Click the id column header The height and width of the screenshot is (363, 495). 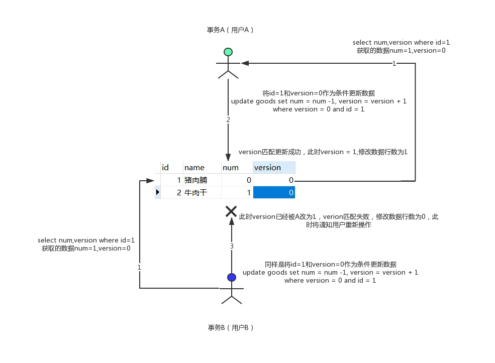pos(171,167)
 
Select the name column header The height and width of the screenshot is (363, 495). pos(202,167)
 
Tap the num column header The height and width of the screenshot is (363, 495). pos(237,167)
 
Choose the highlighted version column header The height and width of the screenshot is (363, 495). pos(274,167)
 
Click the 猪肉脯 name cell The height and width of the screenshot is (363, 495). pos(202,180)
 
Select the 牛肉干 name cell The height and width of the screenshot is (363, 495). pos(202,193)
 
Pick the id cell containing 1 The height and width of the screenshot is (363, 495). pos(171,180)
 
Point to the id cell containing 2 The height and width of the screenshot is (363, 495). pos(171,193)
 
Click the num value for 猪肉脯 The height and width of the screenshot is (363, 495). pos(237,180)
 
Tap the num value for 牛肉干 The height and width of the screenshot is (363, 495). pos(237,193)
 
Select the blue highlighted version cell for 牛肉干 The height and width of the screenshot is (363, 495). pos(274,193)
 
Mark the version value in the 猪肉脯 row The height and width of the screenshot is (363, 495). pos(274,180)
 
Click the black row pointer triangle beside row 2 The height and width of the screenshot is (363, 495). pos(157,192)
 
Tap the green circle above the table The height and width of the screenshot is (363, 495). pos(228,52)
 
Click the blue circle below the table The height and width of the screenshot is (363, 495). pos(231,277)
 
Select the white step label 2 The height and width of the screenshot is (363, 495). pos(228,120)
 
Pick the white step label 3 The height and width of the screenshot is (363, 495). pos(232,247)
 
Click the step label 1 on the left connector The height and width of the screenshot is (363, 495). pos(140,268)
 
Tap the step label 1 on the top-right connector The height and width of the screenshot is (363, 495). pos(394,64)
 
